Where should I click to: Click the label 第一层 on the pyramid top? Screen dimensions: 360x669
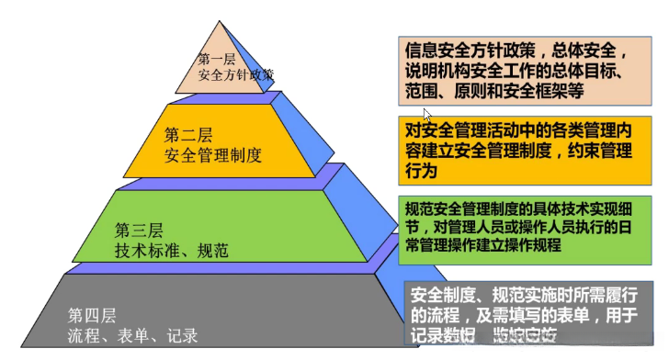218,59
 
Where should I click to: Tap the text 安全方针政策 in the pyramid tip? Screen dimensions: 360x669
236,75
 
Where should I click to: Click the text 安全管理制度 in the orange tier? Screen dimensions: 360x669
213,155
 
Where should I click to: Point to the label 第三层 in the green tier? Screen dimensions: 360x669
139,229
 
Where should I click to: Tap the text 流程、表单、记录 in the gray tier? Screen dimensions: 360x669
132,336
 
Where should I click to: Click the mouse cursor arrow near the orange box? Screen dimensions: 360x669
426,115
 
